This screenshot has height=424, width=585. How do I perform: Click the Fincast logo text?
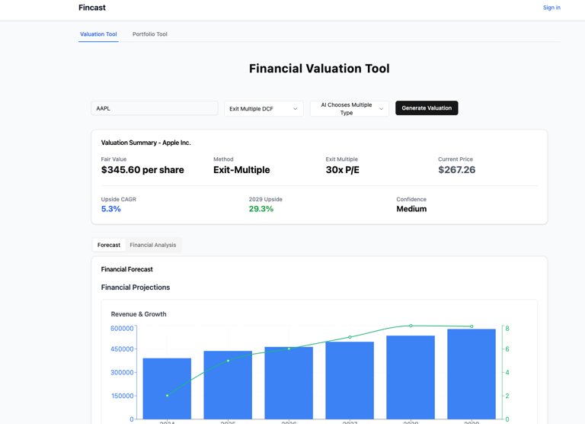91,8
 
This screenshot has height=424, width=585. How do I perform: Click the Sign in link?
551,8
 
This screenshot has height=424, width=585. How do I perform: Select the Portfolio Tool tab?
149,34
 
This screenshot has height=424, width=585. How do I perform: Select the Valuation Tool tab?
98,34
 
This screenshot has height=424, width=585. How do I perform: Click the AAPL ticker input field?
154,108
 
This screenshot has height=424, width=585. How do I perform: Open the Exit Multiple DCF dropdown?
264,109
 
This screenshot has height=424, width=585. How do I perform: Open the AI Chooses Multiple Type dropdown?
349,109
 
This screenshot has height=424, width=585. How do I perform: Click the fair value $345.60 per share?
142,170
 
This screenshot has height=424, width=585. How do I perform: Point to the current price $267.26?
456,170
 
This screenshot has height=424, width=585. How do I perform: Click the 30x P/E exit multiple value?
342,170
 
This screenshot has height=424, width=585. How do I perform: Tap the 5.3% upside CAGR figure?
110,209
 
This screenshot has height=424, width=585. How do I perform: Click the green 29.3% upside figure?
261,209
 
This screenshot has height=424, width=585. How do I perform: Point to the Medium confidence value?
411,209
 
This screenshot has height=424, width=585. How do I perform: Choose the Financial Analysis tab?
152,245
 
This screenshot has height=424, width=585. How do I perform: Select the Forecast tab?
109,245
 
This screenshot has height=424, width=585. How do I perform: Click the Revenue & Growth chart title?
139,314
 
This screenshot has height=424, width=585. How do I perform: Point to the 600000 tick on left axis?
122,329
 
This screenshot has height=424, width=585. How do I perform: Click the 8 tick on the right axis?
507,329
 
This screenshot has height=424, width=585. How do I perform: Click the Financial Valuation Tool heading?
319,69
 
